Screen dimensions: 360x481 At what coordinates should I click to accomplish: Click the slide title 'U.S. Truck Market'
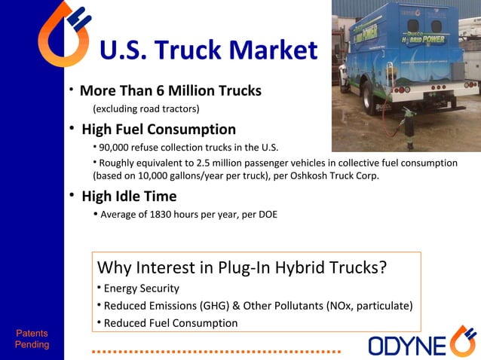coord(208,50)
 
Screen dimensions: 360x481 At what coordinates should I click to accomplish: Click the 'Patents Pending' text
coord(32,339)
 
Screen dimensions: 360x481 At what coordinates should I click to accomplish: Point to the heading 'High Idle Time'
coord(129,197)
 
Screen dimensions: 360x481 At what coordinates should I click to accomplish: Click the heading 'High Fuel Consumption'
coord(158,130)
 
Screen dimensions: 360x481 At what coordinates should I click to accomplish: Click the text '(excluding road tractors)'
coord(146,108)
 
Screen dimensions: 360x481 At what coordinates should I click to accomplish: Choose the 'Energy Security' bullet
coord(141,288)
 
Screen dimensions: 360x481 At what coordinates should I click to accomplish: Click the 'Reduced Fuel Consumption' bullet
coord(170,323)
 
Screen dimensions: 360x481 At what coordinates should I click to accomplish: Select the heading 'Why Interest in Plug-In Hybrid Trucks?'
coord(242,267)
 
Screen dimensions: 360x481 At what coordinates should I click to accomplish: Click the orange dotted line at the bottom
coord(216,351)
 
